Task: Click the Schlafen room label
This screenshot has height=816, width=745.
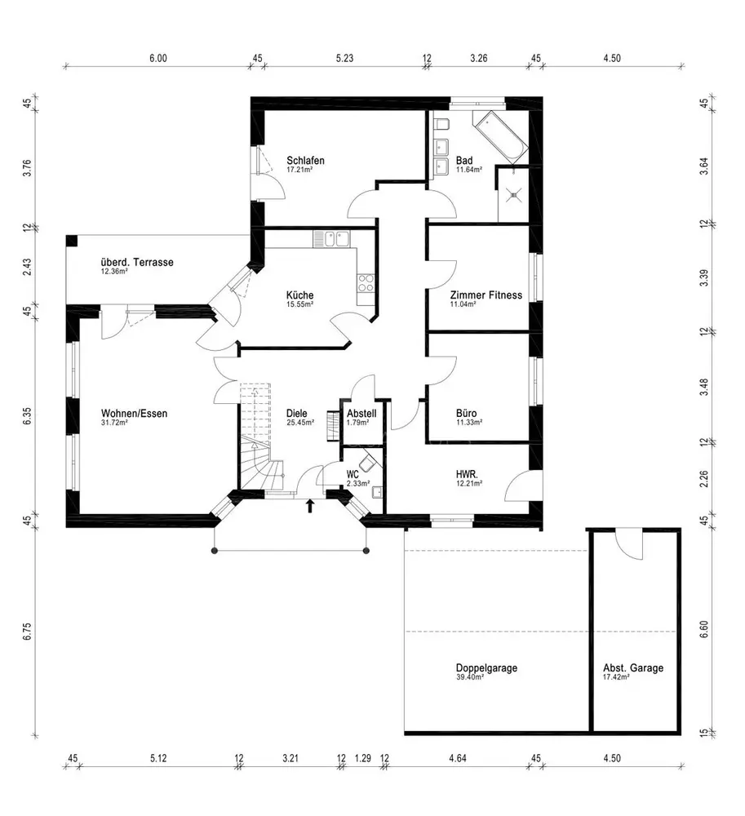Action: (x=305, y=160)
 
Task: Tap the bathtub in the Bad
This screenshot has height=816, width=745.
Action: (x=500, y=136)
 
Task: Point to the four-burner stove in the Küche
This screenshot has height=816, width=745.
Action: (x=366, y=283)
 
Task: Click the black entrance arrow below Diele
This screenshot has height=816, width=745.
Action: (x=310, y=506)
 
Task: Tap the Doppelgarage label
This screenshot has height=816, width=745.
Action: (x=486, y=667)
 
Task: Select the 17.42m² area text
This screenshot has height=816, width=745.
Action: (x=616, y=677)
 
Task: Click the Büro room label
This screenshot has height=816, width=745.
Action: (x=466, y=413)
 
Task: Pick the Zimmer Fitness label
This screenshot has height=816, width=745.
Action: (x=486, y=295)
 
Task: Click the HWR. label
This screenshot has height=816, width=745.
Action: (x=467, y=474)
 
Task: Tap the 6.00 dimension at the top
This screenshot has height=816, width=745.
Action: (x=158, y=58)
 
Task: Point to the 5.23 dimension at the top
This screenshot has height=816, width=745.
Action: (x=344, y=58)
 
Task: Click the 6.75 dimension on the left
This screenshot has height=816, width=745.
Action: (x=27, y=632)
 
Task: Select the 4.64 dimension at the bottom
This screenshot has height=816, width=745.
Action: (x=457, y=758)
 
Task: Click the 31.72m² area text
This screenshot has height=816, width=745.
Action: (x=114, y=423)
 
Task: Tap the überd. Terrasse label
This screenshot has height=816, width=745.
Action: (x=137, y=262)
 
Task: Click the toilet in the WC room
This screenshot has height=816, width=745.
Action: (x=368, y=462)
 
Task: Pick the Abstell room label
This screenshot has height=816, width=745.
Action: (x=361, y=413)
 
